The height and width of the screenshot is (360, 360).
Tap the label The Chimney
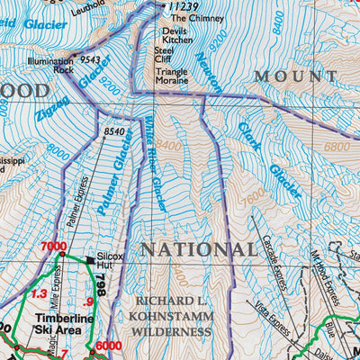[189, 18]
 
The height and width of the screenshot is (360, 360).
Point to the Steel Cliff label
[168, 57]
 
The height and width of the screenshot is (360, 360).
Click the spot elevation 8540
[114, 132]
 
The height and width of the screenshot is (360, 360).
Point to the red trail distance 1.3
[39, 293]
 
